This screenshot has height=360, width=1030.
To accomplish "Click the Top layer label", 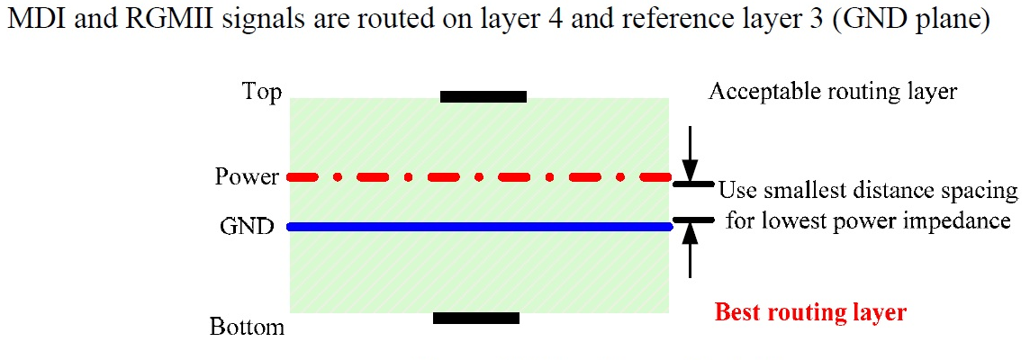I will [x=262, y=92].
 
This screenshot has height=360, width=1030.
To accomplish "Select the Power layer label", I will [x=247, y=176].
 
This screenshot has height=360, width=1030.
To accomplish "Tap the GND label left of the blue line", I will [x=247, y=227].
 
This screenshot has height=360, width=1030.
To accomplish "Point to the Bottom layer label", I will [x=247, y=326].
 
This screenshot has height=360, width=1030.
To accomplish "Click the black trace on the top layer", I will [x=483, y=96].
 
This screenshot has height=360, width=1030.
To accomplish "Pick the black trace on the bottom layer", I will [x=476, y=318].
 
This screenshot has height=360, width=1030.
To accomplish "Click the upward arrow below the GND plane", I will [x=690, y=247].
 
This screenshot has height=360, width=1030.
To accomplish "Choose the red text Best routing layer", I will [x=809, y=313].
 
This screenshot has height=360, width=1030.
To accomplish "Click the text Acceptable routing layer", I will [x=833, y=91].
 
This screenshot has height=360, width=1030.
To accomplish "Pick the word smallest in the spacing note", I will [x=800, y=192].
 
